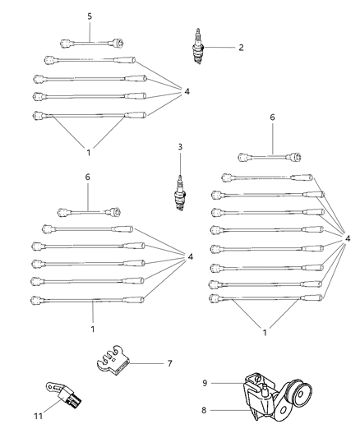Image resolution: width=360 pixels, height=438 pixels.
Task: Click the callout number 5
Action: pos(90,16)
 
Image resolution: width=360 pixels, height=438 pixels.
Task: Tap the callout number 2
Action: pos(240,48)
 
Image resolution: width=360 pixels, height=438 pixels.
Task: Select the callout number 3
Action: pos(178,147)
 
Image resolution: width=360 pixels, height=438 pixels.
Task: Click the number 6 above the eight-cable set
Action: pos(271,118)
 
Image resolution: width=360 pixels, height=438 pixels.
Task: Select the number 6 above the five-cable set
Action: pos(88,177)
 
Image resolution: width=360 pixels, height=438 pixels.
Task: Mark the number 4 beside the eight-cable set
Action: pos(349,239)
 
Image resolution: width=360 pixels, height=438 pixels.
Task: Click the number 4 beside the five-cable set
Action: pos(191,256)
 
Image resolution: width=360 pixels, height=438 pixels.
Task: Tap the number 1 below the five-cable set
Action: pos(93,329)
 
